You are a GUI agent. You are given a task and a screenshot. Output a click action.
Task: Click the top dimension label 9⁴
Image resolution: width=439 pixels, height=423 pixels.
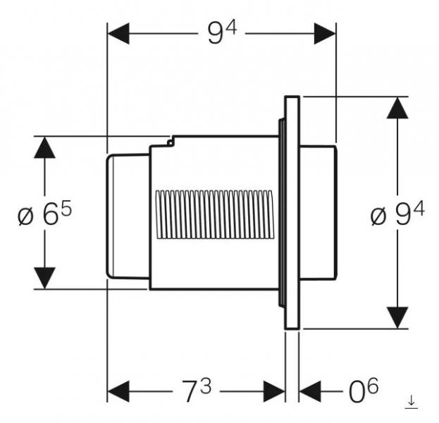[221, 33]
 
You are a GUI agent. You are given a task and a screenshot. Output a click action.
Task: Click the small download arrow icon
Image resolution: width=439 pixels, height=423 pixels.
[412, 403]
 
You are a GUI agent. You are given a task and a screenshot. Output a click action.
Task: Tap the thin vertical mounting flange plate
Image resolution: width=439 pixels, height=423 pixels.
[292, 212]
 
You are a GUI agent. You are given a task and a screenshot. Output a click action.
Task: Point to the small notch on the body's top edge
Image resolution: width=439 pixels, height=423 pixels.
[171, 142]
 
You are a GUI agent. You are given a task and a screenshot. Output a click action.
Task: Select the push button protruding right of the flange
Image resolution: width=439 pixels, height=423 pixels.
[319, 212]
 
